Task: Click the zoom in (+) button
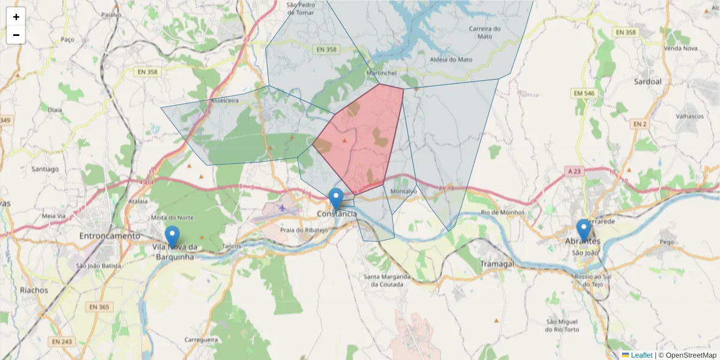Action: click(16, 17)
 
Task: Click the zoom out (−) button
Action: click(16, 35)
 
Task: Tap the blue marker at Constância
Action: click(336, 199)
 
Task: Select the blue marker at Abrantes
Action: click(583, 230)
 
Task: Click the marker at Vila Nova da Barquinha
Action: click(172, 236)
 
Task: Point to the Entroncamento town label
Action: click(109, 236)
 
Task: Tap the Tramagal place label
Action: click(497, 264)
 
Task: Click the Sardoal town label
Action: click(647, 81)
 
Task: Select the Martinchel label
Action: click(381, 73)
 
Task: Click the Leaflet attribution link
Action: click(641, 355)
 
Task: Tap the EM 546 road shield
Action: click(583, 94)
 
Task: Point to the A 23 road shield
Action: click(575, 171)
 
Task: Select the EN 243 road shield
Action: click(61, 341)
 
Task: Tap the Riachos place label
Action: click(34, 290)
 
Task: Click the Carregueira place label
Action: click(200, 339)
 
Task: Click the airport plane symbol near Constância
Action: click(283, 208)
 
